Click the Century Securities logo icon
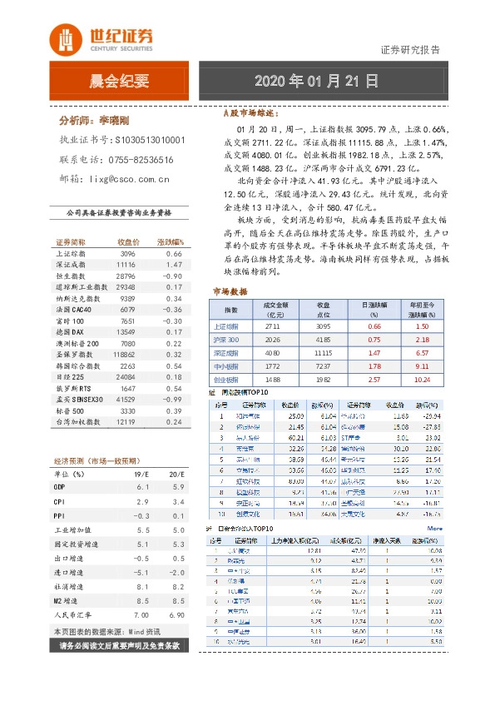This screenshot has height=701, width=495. coord(64,37)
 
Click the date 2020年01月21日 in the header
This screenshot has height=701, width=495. coord(316,82)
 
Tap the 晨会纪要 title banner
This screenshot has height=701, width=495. coord(119,82)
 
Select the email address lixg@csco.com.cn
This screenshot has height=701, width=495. coord(118,178)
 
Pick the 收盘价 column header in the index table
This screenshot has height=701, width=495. coord(127,241)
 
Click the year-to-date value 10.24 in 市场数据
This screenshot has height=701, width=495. coord(421,379)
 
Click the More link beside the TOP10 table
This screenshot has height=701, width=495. coord(434,528)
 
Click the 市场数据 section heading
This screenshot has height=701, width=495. coord(230,291)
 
